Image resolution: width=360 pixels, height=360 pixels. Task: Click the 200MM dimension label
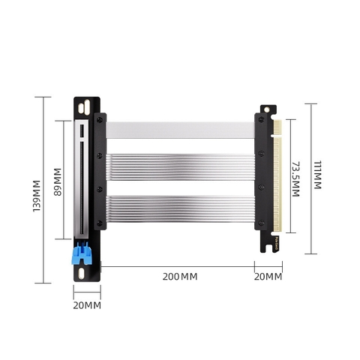(x=180, y=277)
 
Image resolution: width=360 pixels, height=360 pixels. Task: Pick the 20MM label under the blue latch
(x=87, y=304)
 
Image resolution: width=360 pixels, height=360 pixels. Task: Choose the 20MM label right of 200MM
(x=268, y=277)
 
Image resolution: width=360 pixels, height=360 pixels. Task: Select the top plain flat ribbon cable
(x=180, y=130)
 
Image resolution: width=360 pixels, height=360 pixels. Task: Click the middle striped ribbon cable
(x=180, y=166)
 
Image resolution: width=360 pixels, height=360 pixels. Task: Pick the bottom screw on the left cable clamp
(x=100, y=223)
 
